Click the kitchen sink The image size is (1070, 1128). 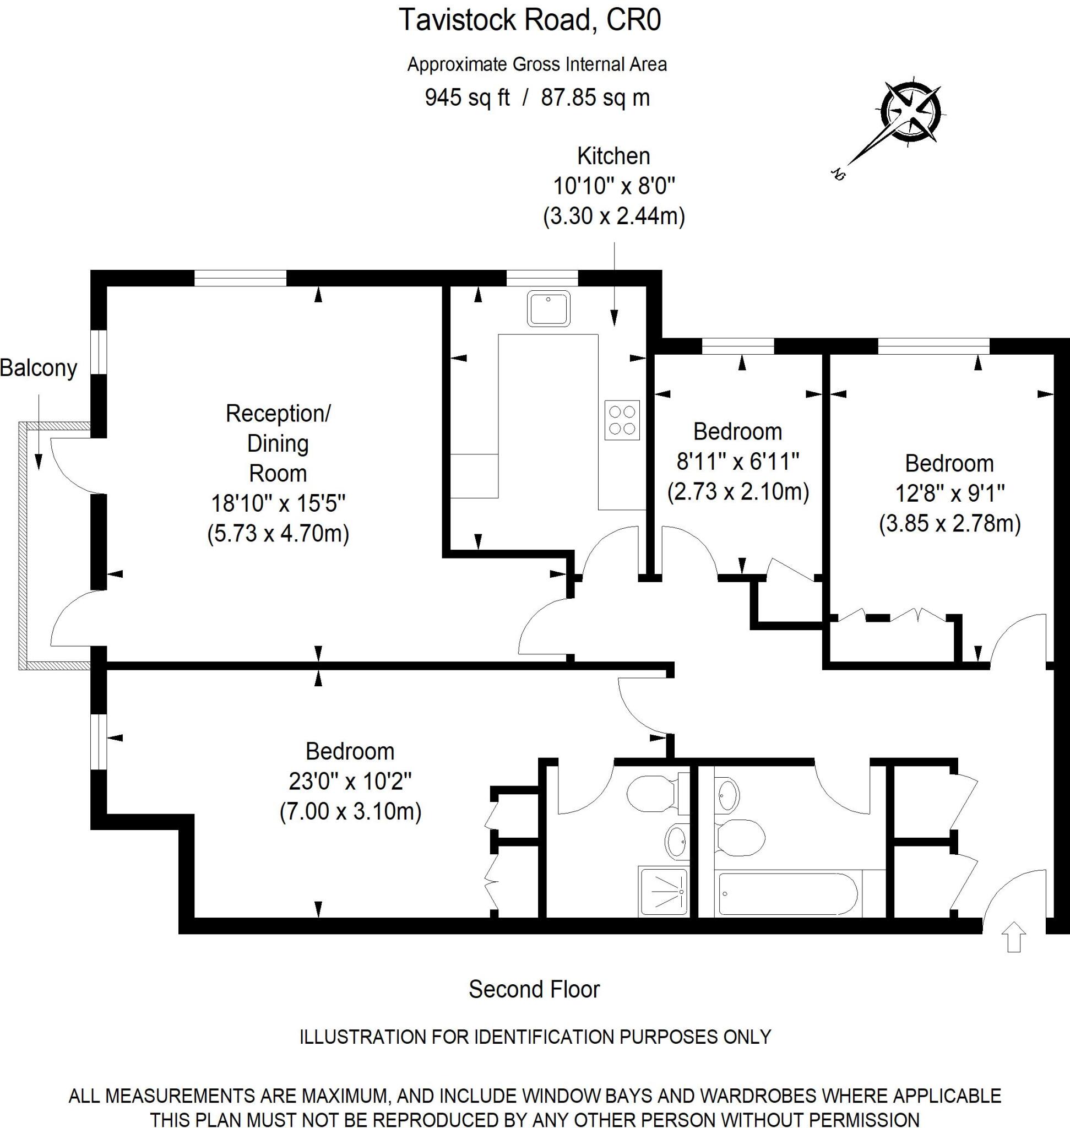[548, 308]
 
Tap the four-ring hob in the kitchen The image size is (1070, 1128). [622, 420]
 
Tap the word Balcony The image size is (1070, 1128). [38, 368]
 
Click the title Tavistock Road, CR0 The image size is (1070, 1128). [529, 20]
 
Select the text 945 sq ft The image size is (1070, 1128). [466, 97]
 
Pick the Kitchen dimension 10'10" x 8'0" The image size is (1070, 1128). [613, 186]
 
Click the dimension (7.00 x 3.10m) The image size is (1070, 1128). [350, 811]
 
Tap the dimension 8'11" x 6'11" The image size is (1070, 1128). [737, 461]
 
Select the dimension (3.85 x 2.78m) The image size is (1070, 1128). [949, 523]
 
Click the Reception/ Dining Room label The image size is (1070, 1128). [278, 443]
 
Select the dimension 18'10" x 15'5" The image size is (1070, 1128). [278, 504]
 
